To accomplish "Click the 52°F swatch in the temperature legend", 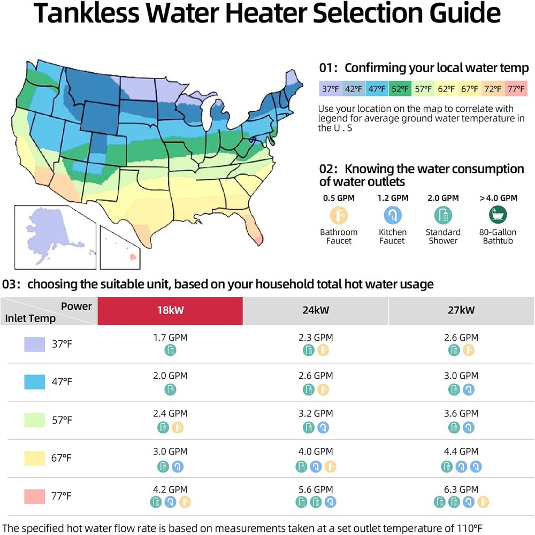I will pyautogui.click(x=400, y=89).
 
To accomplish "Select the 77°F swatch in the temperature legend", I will pyautogui.click(x=516, y=89).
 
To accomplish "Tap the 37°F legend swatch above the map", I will pyautogui.click(x=330, y=89).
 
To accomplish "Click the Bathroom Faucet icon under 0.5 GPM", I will pyautogui.click(x=339, y=215).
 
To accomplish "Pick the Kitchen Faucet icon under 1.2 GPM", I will pyautogui.click(x=393, y=215).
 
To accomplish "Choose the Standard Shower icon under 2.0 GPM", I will pyautogui.click(x=443, y=215).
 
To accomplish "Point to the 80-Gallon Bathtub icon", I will pyautogui.click(x=499, y=215).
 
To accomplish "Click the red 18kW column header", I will pyautogui.click(x=170, y=310).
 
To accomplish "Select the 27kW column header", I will pyautogui.click(x=461, y=310).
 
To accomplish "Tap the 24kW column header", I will pyautogui.click(x=316, y=310).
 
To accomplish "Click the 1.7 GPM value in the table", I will pyautogui.click(x=170, y=338).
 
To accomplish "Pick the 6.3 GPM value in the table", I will pyautogui.click(x=461, y=490).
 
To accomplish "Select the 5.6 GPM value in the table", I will pyautogui.click(x=316, y=490).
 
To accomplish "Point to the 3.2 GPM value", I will pyautogui.click(x=316, y=414).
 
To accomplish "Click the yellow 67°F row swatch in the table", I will pyautogui.click(x=34, y=458).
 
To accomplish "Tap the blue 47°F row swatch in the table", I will pyautogui.click(x=34, y=382).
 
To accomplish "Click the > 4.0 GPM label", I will pyautogui.click(x=499, y=198).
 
